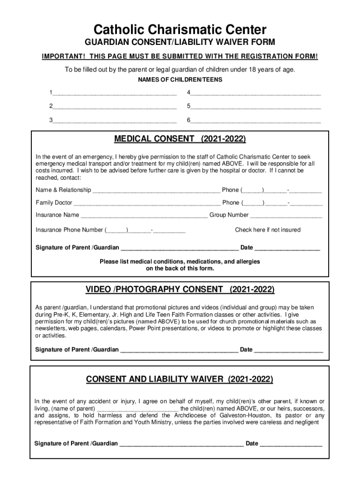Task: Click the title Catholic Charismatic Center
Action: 180,30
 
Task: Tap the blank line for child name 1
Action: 115,93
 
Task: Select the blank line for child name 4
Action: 255,93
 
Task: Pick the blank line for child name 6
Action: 255,121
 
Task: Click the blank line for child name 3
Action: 115,121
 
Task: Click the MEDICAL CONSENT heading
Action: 180,139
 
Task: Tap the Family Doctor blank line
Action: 147,203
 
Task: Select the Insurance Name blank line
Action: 144,216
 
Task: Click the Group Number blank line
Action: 286,216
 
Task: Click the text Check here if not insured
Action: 267,230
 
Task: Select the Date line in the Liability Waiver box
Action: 291,444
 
